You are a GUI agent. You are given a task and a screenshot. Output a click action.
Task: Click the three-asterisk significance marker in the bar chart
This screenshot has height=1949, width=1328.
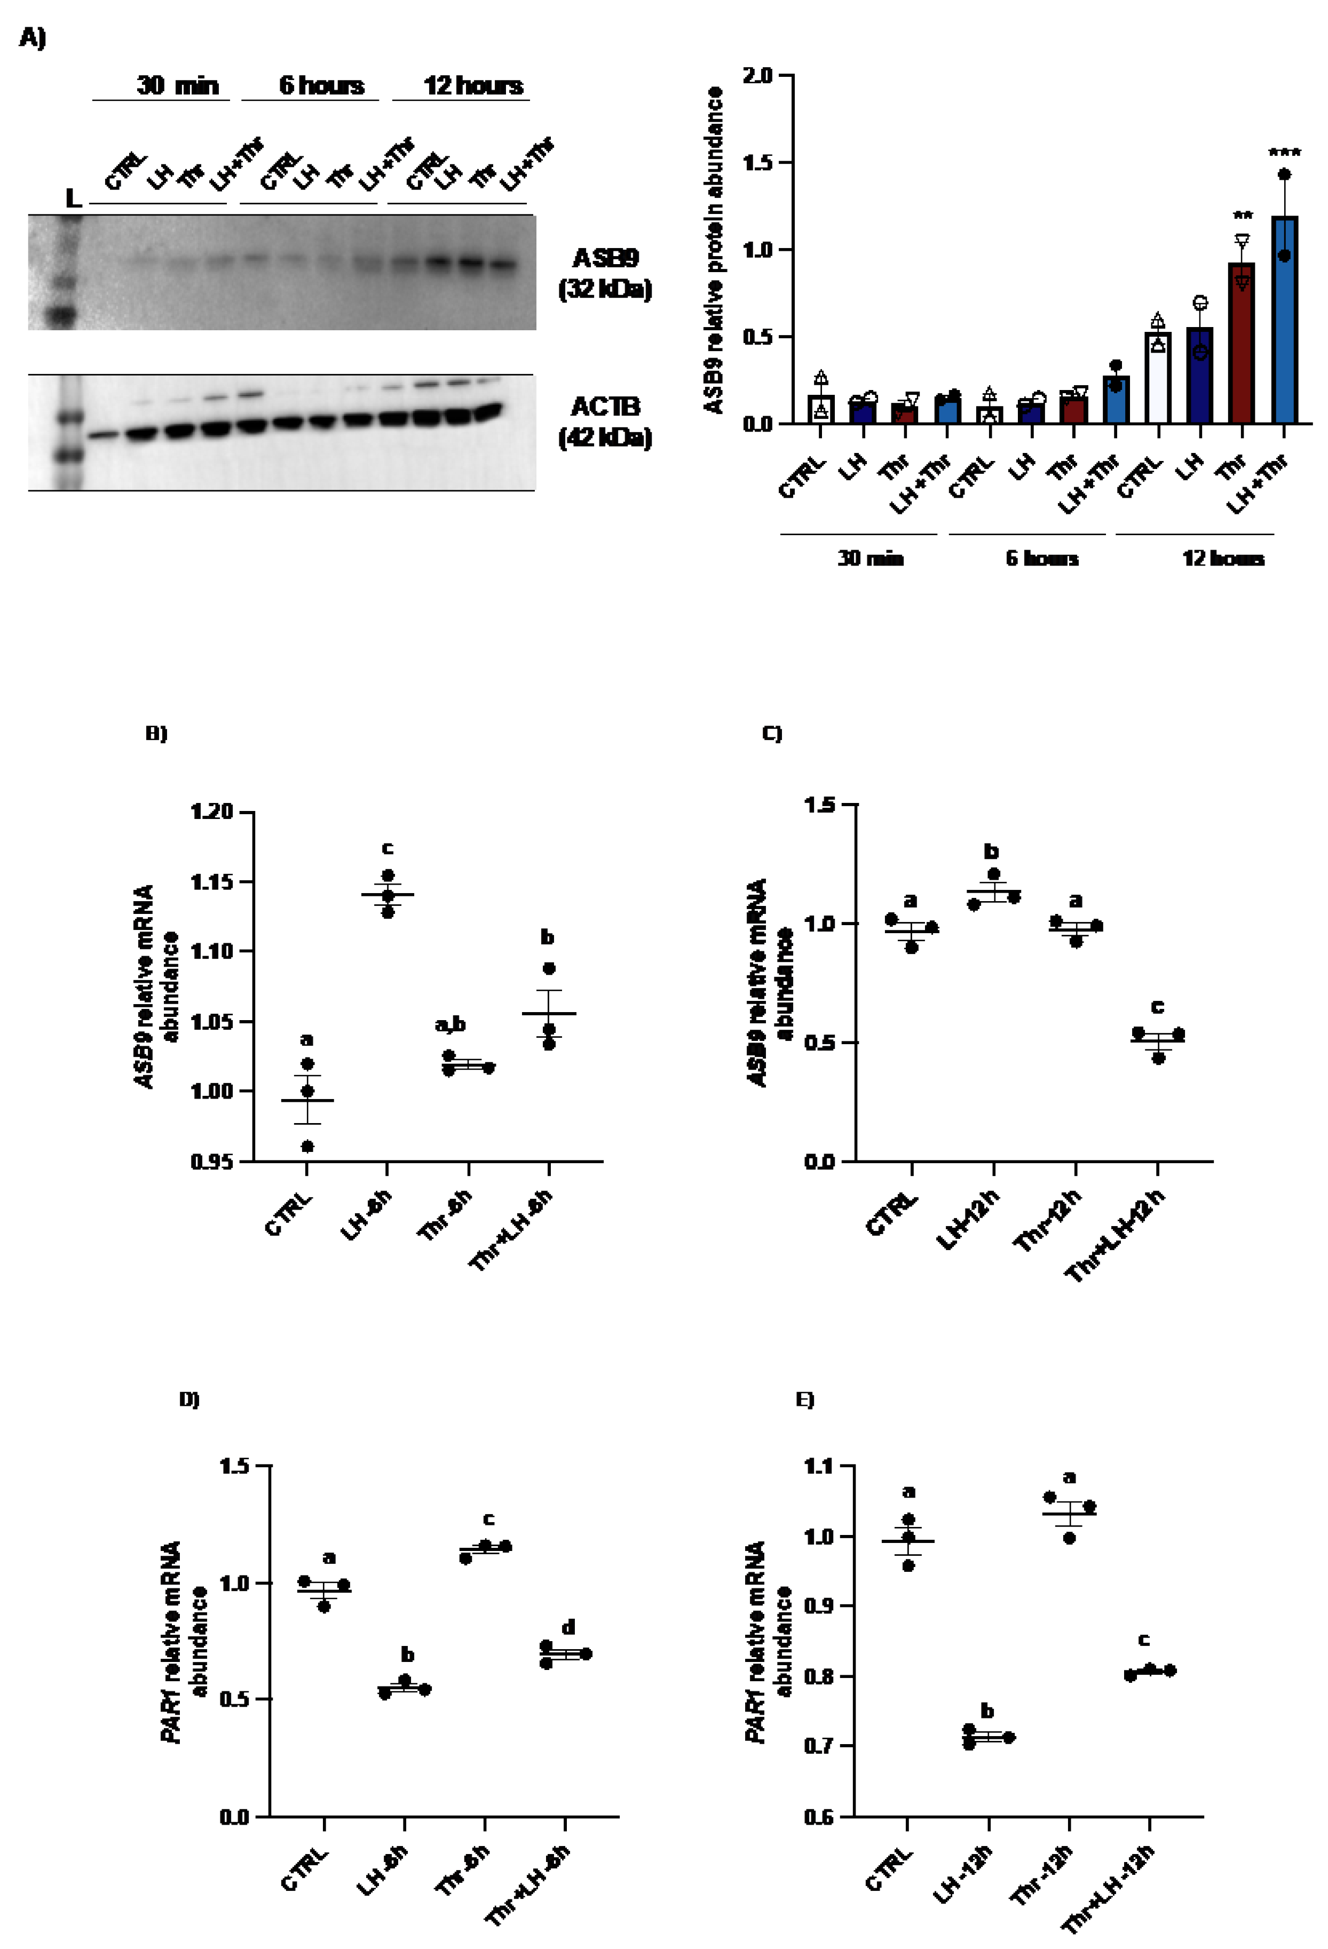1284,153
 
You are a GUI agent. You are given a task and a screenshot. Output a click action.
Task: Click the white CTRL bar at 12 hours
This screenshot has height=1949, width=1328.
1158,377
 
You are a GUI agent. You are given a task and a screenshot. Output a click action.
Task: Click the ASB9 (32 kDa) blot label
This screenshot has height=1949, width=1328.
604,273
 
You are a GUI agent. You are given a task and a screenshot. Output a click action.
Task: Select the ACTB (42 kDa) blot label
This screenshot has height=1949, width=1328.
604,422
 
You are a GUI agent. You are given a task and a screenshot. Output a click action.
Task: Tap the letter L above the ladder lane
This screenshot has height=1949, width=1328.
73,199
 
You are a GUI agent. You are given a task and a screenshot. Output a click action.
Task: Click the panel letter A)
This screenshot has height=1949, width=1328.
33,38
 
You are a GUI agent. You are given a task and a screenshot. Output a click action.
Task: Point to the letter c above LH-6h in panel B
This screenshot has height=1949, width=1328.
388,848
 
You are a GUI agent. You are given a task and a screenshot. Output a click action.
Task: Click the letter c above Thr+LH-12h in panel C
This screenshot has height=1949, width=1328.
1158,1006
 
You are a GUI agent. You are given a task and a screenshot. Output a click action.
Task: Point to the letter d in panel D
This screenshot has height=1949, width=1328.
568,1627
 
